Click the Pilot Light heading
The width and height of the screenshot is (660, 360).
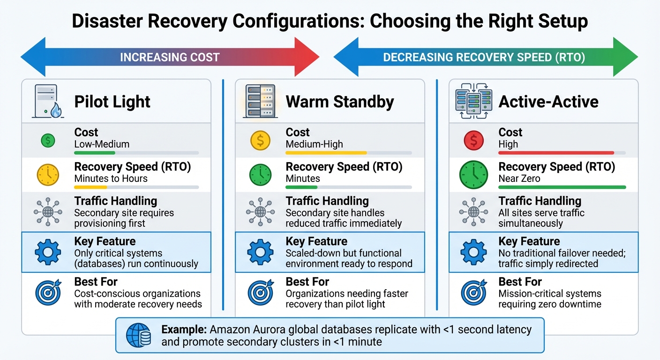(x=112, y=102)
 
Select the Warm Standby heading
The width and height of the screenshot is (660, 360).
(x=340, y=102)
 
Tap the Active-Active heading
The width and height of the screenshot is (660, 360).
(x=548, y=102)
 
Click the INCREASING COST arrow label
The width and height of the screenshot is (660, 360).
(x=170, y=57)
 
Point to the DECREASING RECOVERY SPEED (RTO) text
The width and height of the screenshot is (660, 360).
(x=484, y=57)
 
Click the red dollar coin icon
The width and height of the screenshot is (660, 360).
(x=474, y=140)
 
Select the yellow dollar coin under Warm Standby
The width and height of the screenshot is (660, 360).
(x=261, y=140)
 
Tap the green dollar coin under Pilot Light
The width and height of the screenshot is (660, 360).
(x=48, y=140)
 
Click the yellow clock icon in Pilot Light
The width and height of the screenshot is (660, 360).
(x=48, y=175)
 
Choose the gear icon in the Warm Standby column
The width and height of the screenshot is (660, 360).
(x=261, y=252)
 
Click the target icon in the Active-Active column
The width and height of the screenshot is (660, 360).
(x=474, y=292)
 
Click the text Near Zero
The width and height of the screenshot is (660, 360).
(x=519, y=179)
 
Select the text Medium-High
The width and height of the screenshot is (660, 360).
(x=314, y=144)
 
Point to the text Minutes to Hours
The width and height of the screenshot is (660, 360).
(x=111, y=179)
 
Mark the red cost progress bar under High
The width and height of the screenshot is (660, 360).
(x=556, y=153)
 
